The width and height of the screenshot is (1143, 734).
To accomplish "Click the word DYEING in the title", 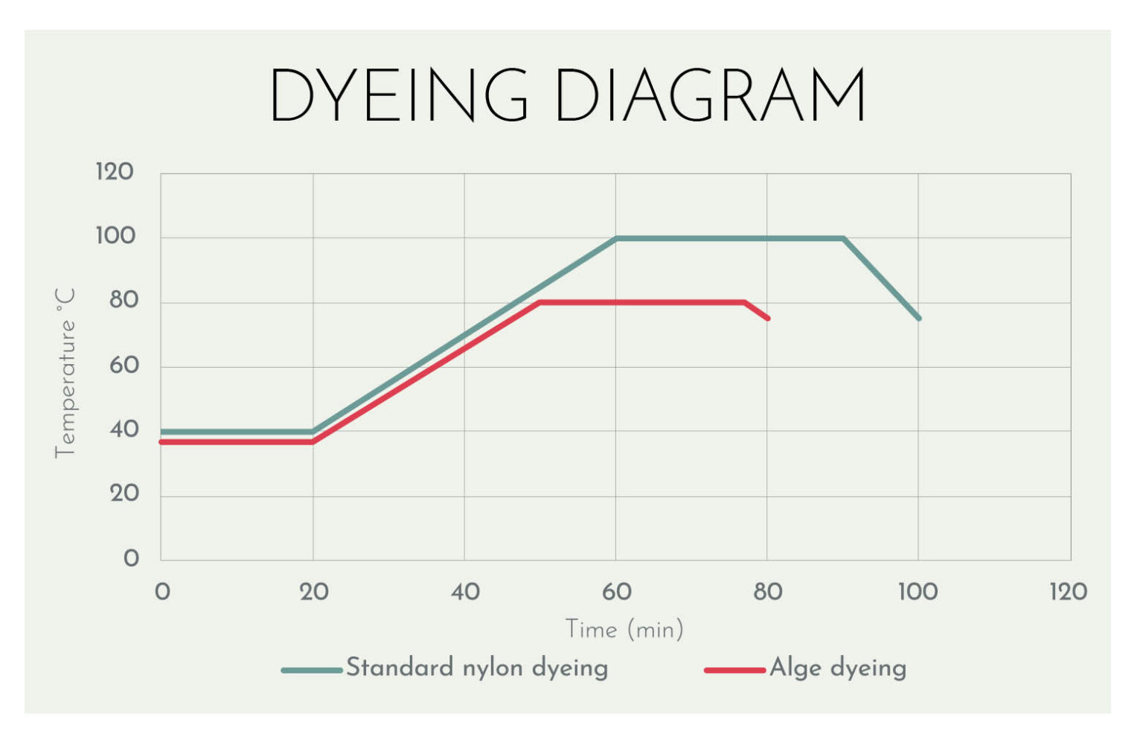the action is click(x=399, y=95).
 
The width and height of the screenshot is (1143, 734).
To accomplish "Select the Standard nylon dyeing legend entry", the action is click(x=444, y=668).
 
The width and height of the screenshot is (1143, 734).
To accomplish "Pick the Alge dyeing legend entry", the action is click(x=806, y=668).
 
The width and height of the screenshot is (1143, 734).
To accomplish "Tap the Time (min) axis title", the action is click(x=624, y=629).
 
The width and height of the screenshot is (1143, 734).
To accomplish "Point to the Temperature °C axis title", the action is click(x=65, y=373).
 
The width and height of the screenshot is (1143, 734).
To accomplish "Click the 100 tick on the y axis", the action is click(x=115, y=236).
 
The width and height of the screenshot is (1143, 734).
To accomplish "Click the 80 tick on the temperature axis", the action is click(x=124, y=301).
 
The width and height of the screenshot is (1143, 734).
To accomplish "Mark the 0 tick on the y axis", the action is click(x=131, y=558).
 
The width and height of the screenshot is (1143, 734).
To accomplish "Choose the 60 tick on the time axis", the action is click(x=616, y=592).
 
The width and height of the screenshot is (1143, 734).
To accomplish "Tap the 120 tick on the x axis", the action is click(x=1068, y=592).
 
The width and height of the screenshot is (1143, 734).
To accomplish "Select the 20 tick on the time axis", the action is click(x=314, y=592).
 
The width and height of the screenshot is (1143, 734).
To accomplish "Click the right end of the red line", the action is click(x=768, y=319).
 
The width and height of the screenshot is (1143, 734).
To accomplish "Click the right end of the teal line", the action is click(x=919, y=319).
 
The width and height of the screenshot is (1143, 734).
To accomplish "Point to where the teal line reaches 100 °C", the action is click(x=616, y=238).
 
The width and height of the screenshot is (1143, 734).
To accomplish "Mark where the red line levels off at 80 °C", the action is click(x=540, y=303).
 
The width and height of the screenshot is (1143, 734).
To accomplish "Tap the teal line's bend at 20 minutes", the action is click(x=313, y=432).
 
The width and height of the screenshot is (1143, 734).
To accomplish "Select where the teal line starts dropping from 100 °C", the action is click(x=843, y=238).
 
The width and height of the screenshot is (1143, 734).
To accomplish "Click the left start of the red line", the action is click(x=161, y=442).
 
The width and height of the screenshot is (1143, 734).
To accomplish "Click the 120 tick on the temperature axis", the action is click(x=115, y=172).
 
